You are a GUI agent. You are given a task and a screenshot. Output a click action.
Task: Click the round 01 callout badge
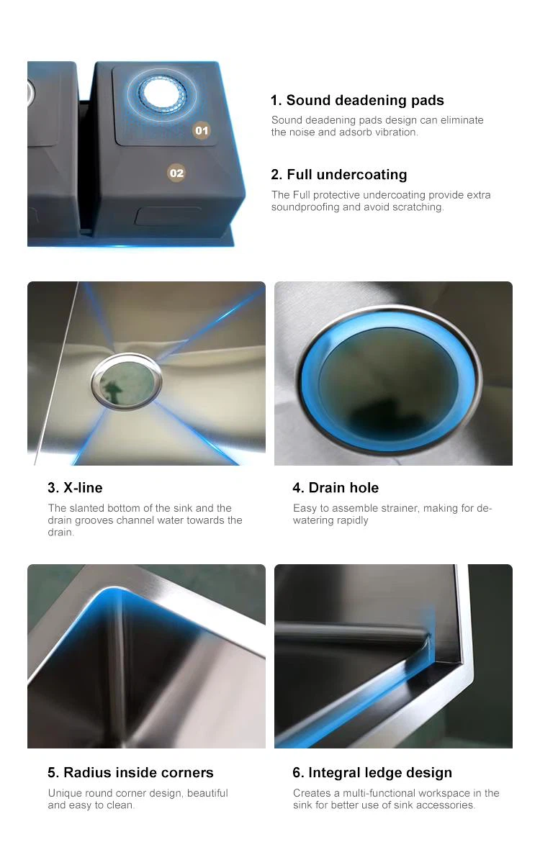click(202, 130)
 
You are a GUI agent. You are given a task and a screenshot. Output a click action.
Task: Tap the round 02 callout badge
click(176, 173)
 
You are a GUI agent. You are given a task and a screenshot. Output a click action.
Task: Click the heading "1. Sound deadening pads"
click(357, 100)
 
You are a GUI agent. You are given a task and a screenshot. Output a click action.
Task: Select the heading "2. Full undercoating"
click(338, 174)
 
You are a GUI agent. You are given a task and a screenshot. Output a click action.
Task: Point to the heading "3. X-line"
click(75, 488)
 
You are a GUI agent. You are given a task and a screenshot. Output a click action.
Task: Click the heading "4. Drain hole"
click(336, 488)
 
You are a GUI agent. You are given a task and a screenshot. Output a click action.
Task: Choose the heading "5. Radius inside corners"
click(130, 772)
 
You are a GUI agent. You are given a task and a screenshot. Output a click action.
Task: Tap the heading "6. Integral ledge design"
click(372, 773)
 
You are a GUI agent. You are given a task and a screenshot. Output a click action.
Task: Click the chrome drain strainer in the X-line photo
click(127, 381)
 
